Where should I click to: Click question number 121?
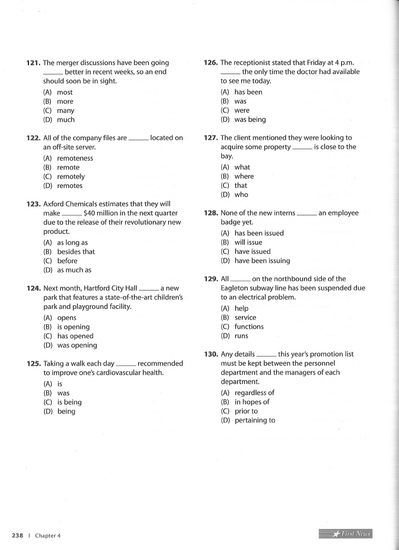(x=34, y=63)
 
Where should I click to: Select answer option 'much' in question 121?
(x=66, y=120)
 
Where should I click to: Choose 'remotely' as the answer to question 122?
(x=70, y=177)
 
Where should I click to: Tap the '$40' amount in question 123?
(x=90, y=213)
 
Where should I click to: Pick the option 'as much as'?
(x=74, y=270)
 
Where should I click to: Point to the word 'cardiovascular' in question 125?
(x=121, y=373)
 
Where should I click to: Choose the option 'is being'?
(x=69, y=402)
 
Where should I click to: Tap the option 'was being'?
(x=250, y=120)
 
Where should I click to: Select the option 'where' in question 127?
(x=244, y=177)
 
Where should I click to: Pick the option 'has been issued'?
(x=259, y=233)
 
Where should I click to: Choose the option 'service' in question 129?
(x=245, y=317)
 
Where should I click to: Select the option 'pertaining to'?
(x=254, y=420)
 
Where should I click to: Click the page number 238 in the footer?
(x=17, y=535)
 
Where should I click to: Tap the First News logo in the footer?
(x=345, y=534)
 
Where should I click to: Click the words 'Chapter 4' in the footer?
(x=48, y=535)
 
